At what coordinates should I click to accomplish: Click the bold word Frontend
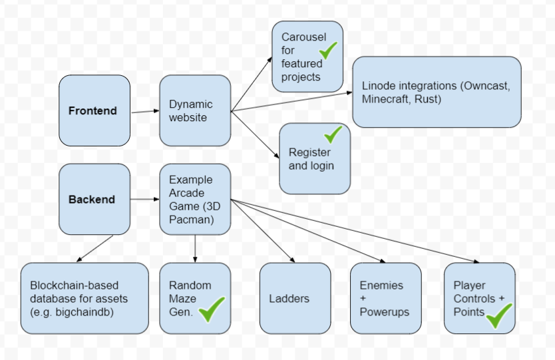92,111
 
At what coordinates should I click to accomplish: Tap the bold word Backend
92,199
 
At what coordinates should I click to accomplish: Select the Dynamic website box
195,110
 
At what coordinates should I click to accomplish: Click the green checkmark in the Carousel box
328,51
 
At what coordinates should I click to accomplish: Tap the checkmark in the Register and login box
333,134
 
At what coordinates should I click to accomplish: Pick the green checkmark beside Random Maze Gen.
212,309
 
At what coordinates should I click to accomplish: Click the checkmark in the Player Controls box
499,315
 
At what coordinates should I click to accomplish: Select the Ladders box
295,298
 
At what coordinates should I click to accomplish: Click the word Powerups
385,312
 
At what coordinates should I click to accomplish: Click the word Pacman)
192,220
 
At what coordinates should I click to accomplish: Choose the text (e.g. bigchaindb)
72,312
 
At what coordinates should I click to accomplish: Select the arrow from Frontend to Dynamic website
145,112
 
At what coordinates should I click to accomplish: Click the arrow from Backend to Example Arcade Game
145,199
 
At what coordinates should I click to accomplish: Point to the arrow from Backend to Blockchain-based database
95,248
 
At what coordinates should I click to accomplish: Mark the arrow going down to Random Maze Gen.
195,248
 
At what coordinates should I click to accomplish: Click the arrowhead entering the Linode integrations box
350,92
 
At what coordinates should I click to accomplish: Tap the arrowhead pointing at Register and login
276,155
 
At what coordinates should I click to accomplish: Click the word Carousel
303,37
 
